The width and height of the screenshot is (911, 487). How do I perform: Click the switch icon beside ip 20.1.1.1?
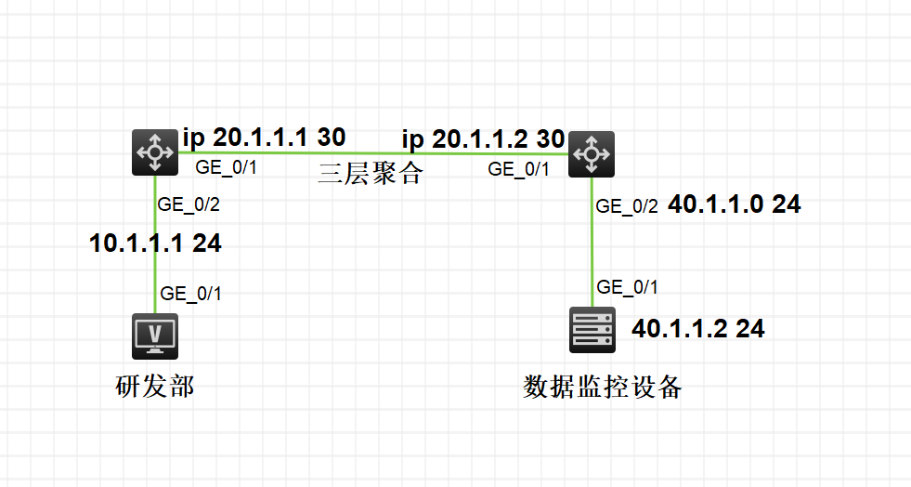tap(154, 152)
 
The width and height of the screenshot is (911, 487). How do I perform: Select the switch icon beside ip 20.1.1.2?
tap(592, 154)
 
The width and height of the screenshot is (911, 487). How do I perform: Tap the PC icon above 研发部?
tap(154, 336)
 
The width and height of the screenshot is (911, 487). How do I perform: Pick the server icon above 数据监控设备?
tap(592, 330)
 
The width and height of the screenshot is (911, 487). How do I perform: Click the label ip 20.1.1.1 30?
tap(264, 138)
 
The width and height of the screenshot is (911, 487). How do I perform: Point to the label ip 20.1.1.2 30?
tap(483, 139)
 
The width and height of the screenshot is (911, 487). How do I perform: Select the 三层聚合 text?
tap(370, 173)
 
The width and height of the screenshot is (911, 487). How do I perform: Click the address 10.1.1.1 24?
tap(155, 243)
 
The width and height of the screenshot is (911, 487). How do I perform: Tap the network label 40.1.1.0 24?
tap(734, 205)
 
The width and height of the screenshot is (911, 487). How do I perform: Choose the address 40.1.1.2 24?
tap(697, 328)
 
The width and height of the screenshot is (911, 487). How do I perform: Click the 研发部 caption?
tap(154, 387)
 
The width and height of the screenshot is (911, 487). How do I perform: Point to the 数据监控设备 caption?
tap(603, 387)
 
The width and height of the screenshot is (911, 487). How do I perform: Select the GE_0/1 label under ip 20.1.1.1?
tap(225, 168)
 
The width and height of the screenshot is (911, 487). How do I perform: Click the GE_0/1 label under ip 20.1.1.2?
tap(519, 169)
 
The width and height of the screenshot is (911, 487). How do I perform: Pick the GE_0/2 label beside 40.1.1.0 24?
tap(627, 207)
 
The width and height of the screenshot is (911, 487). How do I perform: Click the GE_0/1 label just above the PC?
tap(191, 294)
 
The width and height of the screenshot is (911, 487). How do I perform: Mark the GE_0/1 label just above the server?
tap(628, 287)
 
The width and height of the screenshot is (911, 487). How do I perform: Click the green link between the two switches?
tap(371, 152)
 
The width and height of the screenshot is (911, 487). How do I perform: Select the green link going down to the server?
tap(592, 251)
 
